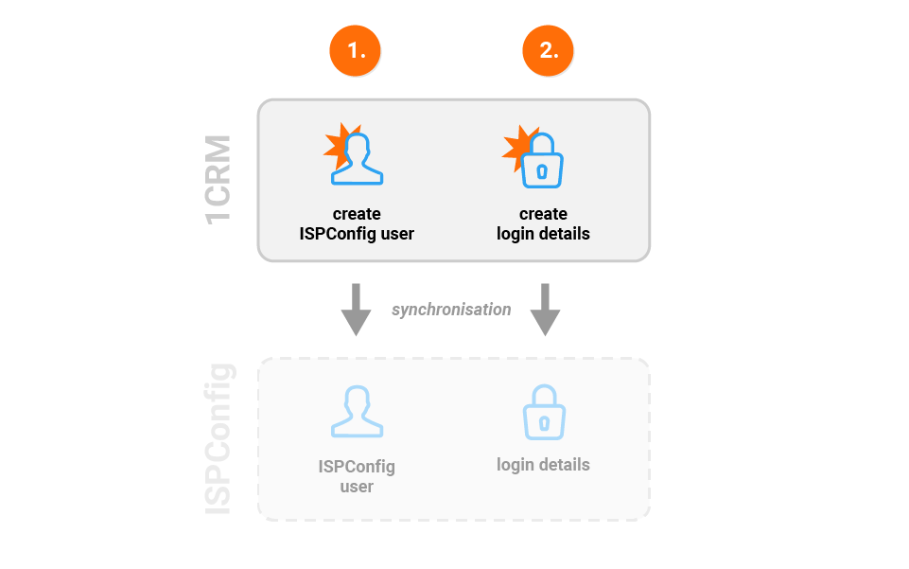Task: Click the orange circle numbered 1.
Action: pyautogui.click(x=355, y=50)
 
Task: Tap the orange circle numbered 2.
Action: pyautogui.click(x=548, y=50)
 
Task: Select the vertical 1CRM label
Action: pyautogui.click(x=219, y=180)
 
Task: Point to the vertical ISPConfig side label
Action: pyautogui.click(x=219, y=438)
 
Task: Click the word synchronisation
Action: pyautogui.click(x=451, y=310)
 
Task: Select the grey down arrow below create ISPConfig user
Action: pyautogui.click(x=356, y=310)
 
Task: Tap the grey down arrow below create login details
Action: pyautogui.click(x=545, y=310)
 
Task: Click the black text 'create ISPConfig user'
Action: pyautogui.click(x=357, y=223)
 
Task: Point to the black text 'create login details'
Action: pyautogui.click(x=543, y=223)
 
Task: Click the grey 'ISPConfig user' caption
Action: pyautogui.click(x=357, y=476)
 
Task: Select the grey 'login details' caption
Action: pyautogui.click(x=543, y=465)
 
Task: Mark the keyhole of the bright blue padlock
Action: pyautogui.click(x=542, y=171)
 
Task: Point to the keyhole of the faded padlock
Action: pyautogui.click(x=544, y=423)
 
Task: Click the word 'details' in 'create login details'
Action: pyautogui.click(x=564, y=234)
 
